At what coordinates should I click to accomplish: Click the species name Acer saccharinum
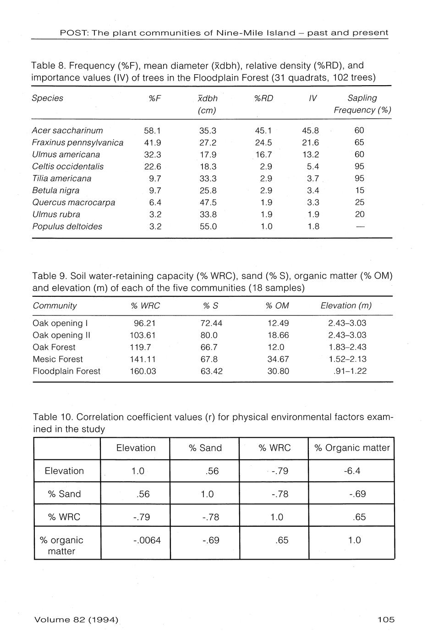(x=67, y=131)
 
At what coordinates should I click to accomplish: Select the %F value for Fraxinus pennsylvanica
(x=153, y=142)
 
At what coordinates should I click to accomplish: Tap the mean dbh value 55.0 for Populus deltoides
(x=208, y=226)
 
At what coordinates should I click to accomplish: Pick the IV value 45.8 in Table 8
(x=311, y=131)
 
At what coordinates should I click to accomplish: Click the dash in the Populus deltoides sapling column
(x=360, y=226)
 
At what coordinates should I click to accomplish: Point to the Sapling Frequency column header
(x=362, y=104)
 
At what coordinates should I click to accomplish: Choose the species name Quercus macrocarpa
(x=74, y=202)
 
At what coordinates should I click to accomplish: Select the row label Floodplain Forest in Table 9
(x=66, y=371)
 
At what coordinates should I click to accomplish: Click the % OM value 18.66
(x=278, y=335)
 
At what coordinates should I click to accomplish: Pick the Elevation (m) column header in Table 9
(x=346, y=305)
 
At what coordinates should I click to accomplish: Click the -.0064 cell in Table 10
(x=147, y=540)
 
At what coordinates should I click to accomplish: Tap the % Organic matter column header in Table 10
(x=352, y=448)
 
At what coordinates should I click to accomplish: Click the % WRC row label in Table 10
(x=64, y=517)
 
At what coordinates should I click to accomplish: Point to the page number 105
(x=386, y=620)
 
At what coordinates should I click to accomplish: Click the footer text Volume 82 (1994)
(x=76, y=620)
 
